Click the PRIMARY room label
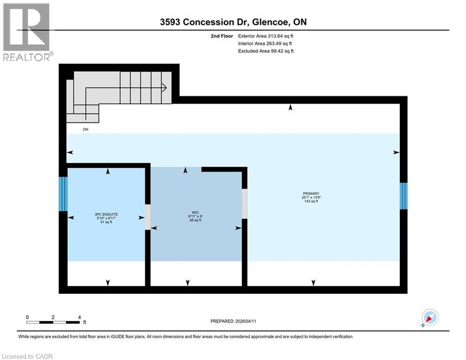point(311,194)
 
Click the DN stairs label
point(85,129)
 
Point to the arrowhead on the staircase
point(164,87)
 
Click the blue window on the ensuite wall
point(63,194)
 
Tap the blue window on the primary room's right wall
point(403,196)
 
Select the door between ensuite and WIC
point(148,217)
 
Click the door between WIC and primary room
point(244,203)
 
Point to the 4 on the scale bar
point(79,317)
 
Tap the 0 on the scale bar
point(27,317)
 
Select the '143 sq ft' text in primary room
point(311,202)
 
